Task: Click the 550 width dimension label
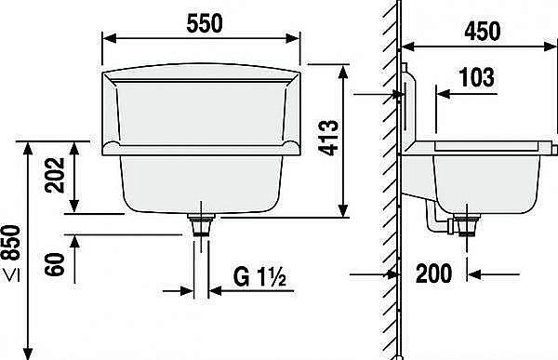pos(205,23)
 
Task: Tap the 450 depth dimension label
pos(482,31)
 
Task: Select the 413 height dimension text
pos(328,138)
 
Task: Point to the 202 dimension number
pos(55,175)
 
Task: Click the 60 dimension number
pos(55,264)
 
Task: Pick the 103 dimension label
pos(477,77)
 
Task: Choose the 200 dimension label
pos(433,273)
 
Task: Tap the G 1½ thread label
pos(259,277)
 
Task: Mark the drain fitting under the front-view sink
pos(201,224)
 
